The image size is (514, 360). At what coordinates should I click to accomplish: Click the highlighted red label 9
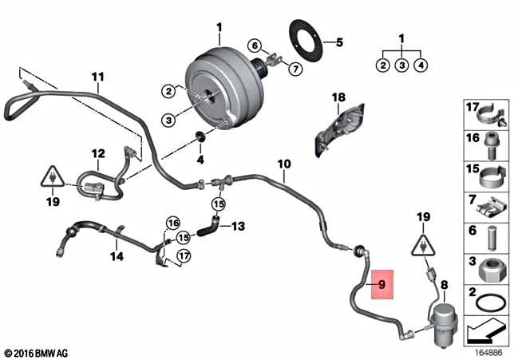coord(382,283)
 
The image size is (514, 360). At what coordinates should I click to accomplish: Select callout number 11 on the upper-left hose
coord(97,77)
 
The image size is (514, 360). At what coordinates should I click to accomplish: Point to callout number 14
coord(117,256)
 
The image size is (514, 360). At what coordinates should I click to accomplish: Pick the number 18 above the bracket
coord(338,98)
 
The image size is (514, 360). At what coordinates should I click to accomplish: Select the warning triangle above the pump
coord(423,244)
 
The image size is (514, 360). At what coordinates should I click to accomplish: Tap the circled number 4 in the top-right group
coord(421,65)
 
